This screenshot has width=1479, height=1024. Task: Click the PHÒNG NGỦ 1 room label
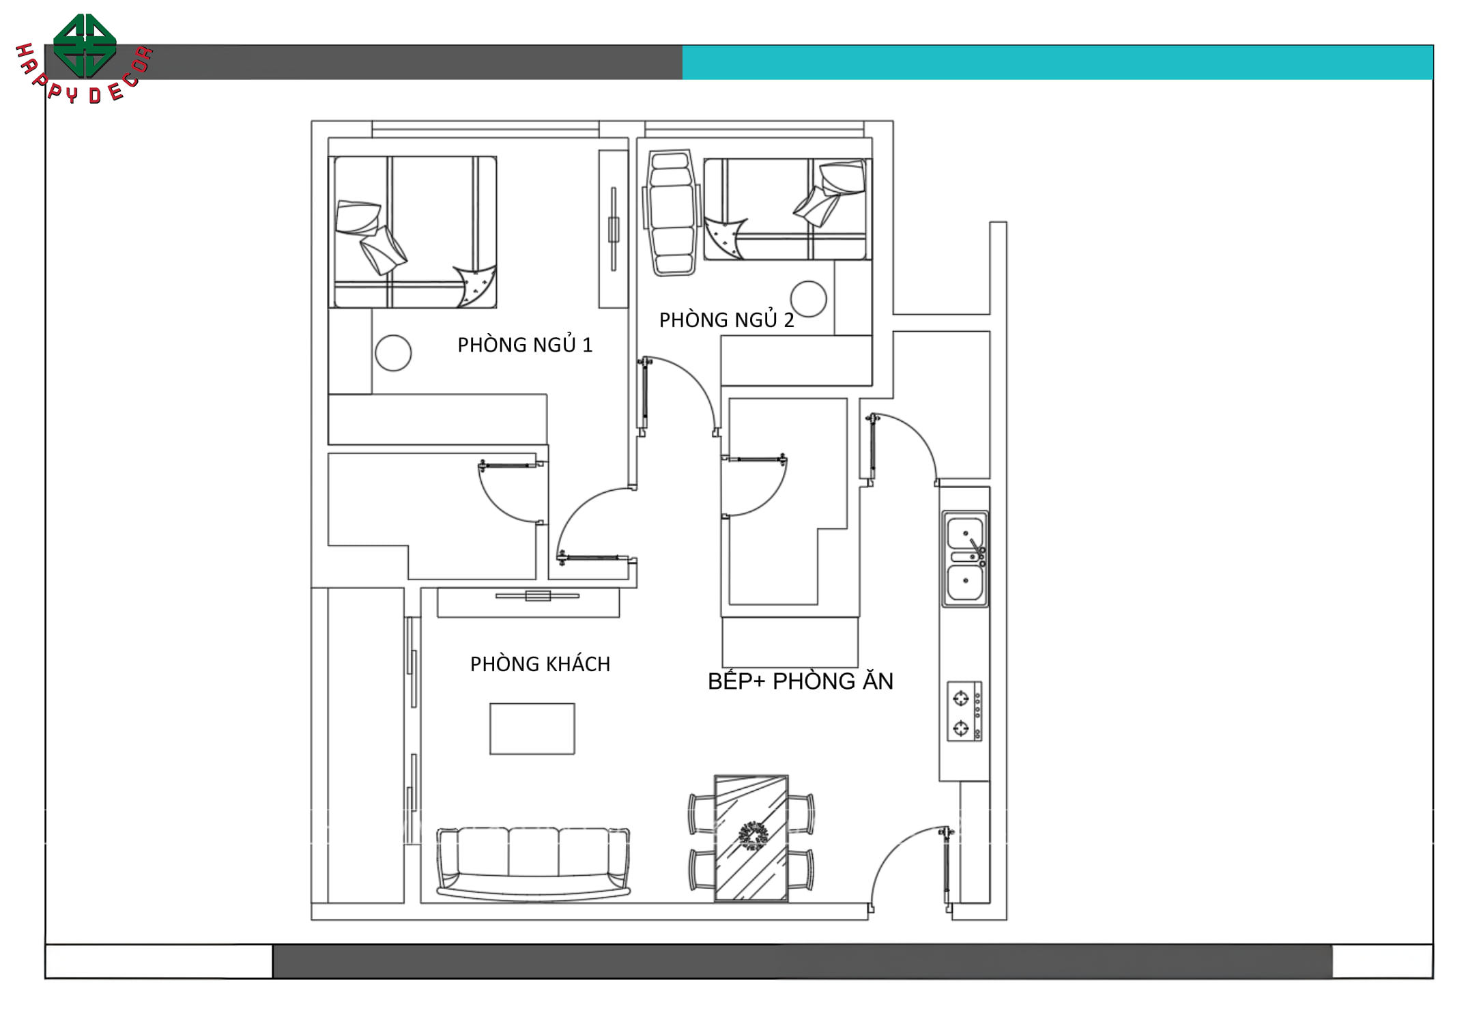[525, 345]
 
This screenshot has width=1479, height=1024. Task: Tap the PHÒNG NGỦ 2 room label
[726, 319]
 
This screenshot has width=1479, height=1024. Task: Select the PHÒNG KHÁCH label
[540, 664]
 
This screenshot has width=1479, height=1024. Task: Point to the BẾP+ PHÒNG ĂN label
[801, 681]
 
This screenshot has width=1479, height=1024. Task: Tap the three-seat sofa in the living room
[533, 863]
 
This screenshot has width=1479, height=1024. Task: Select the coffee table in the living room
[532, 728]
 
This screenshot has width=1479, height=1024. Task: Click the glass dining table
[751, 838]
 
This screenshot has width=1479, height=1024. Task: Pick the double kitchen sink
[965, 559]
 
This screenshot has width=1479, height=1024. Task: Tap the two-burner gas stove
[964, 711]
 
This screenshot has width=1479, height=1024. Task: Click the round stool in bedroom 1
[393, 353]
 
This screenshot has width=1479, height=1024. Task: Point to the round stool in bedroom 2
[809, 299]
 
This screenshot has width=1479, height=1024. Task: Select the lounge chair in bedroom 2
[672, 212]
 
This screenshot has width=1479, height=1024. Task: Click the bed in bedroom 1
[412, 232]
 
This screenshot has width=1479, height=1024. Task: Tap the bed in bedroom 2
[788, 209]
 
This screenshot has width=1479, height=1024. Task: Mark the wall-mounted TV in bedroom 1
[614, 229]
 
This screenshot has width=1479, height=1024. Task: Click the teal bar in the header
[1057, 62]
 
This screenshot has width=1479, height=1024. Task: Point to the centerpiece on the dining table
[752, 835]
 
